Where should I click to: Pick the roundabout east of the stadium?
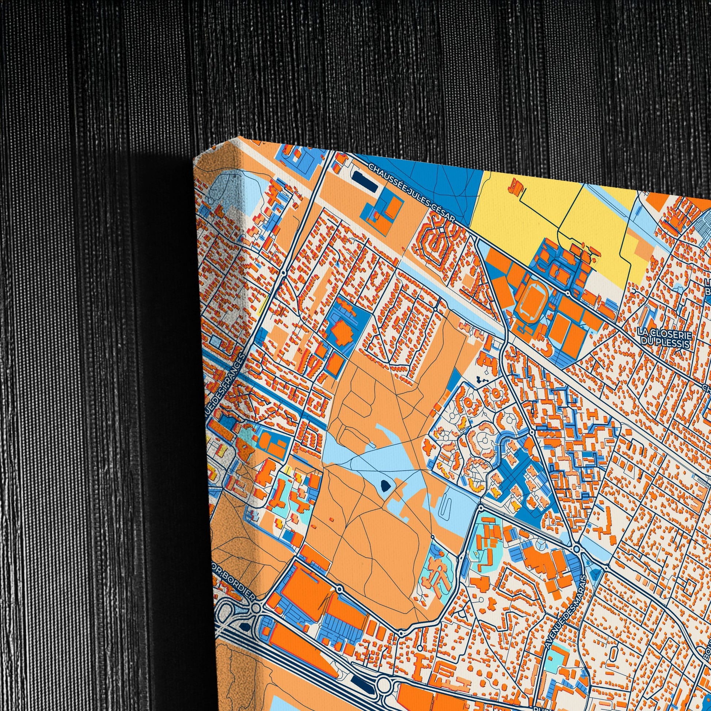click(x=568, y=293)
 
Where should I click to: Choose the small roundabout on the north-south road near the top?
click(x=284, y=273)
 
